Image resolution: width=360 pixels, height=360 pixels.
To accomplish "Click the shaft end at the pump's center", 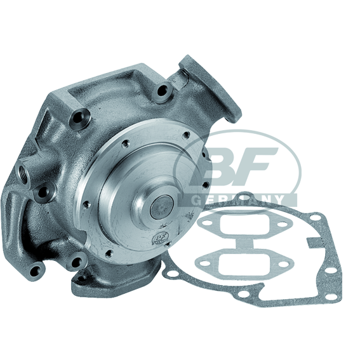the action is pos(162,207).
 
